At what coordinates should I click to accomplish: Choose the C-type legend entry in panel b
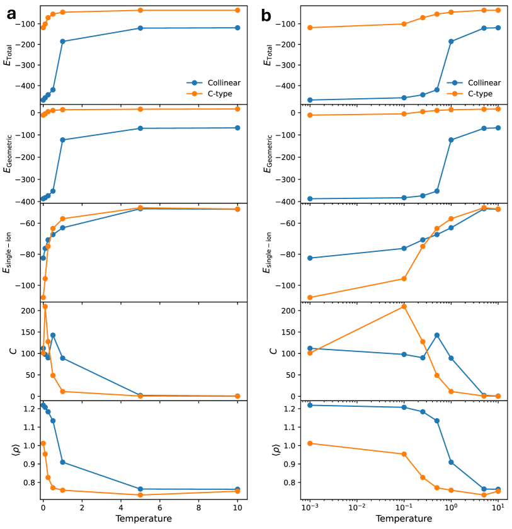pyautogui.click(x=472, y=94)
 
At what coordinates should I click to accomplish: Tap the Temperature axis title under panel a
pyautogui.click(x=144, y=518)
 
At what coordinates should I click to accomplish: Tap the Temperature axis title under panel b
pyautogui.click(x=403, y=518)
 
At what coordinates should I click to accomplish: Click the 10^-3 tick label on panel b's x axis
pyautogui.click(x=309, y=508)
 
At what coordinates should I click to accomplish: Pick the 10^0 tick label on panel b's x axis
pyautogui.click(x=451, y=508)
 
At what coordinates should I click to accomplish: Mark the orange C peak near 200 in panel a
pyautogui.click(x=45, y=307)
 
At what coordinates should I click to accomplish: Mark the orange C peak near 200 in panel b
pyautogui.click(x=404, y=307)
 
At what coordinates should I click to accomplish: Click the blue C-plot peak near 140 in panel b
pyautogui.click(x=436, y=335)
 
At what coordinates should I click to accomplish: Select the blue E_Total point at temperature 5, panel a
pyautogui.click(x=140, y=28)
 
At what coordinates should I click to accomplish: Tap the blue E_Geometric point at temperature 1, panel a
pyautogui.click(x=62, y=140)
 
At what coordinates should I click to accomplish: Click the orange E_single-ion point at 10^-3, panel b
pyautogui.click(x=310, y=297)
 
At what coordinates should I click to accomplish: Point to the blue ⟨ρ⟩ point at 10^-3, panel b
pyautogui.click(x=310, y=405)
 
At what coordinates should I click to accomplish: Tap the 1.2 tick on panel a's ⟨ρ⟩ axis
pyautogui.click(x=28, y=409)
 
